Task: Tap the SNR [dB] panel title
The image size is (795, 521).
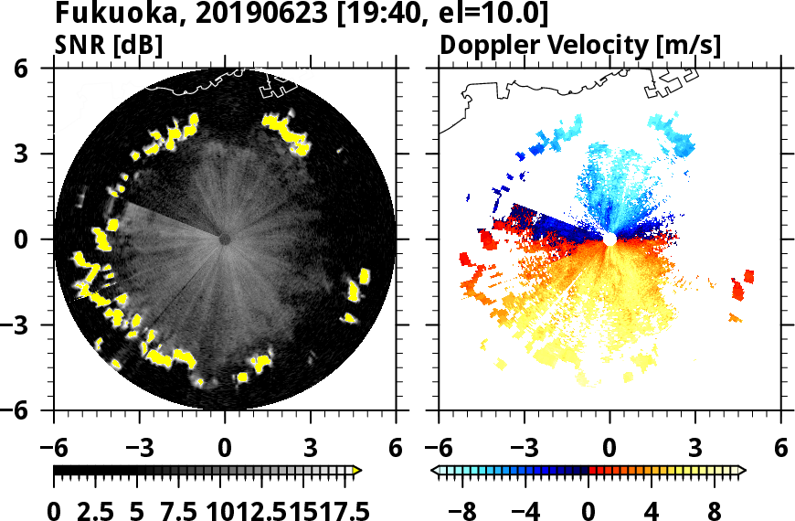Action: click(x=110, y=45)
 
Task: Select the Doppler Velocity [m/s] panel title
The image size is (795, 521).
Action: click(x=582, y=45)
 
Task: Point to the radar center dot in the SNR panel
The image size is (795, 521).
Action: click(x=224, y=239)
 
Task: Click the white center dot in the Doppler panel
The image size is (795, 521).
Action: click(x=609, y=239)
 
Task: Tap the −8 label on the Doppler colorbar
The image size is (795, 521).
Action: click(x=463, y=509)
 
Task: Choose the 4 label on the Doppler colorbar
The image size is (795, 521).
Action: click(x=652, y=509)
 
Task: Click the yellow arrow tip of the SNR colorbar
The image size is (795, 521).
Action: click(x=357, y=471)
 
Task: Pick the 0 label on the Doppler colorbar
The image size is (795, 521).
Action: click(x=589, y=509)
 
